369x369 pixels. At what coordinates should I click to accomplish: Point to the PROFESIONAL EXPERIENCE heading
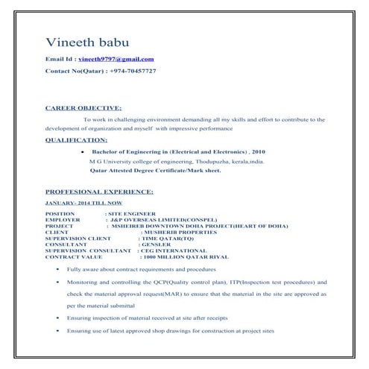pyautogui.click(x=99, y=192)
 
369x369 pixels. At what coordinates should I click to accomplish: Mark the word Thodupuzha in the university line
pyautogui.click(x=217, y=160)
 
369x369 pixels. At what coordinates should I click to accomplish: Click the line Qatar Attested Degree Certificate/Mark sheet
pyautogui.click(x=155, y=170)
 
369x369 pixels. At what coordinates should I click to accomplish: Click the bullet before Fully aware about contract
pyautogui.click(x=57, y=268)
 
